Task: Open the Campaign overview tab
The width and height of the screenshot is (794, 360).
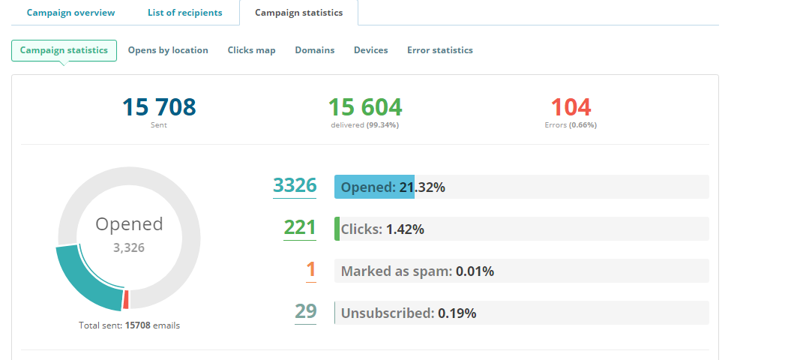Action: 71,13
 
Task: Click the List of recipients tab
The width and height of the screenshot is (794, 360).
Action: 184,13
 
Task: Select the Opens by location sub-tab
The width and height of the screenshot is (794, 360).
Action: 168,50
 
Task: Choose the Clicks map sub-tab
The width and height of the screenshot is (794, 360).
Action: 251,50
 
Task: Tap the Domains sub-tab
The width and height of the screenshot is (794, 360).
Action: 314,50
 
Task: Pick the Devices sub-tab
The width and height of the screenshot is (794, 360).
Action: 370,50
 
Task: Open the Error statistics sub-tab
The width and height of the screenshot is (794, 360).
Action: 439,50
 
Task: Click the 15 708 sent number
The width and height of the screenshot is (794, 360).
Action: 159,107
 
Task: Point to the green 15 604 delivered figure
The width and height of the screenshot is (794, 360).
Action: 364,107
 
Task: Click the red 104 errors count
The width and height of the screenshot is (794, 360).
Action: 571,107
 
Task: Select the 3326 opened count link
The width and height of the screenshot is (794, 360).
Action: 295,185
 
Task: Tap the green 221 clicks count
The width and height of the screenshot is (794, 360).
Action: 300,227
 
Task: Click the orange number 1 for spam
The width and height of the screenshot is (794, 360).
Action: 311,270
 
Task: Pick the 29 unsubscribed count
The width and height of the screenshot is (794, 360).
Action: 305,312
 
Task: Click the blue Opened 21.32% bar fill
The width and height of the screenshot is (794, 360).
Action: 374,187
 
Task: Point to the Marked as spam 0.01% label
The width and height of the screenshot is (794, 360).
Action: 417,271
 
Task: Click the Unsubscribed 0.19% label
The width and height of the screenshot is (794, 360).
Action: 408,313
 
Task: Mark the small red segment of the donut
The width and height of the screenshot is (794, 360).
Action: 127,299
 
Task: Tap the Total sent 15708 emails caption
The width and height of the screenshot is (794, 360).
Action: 129,325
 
